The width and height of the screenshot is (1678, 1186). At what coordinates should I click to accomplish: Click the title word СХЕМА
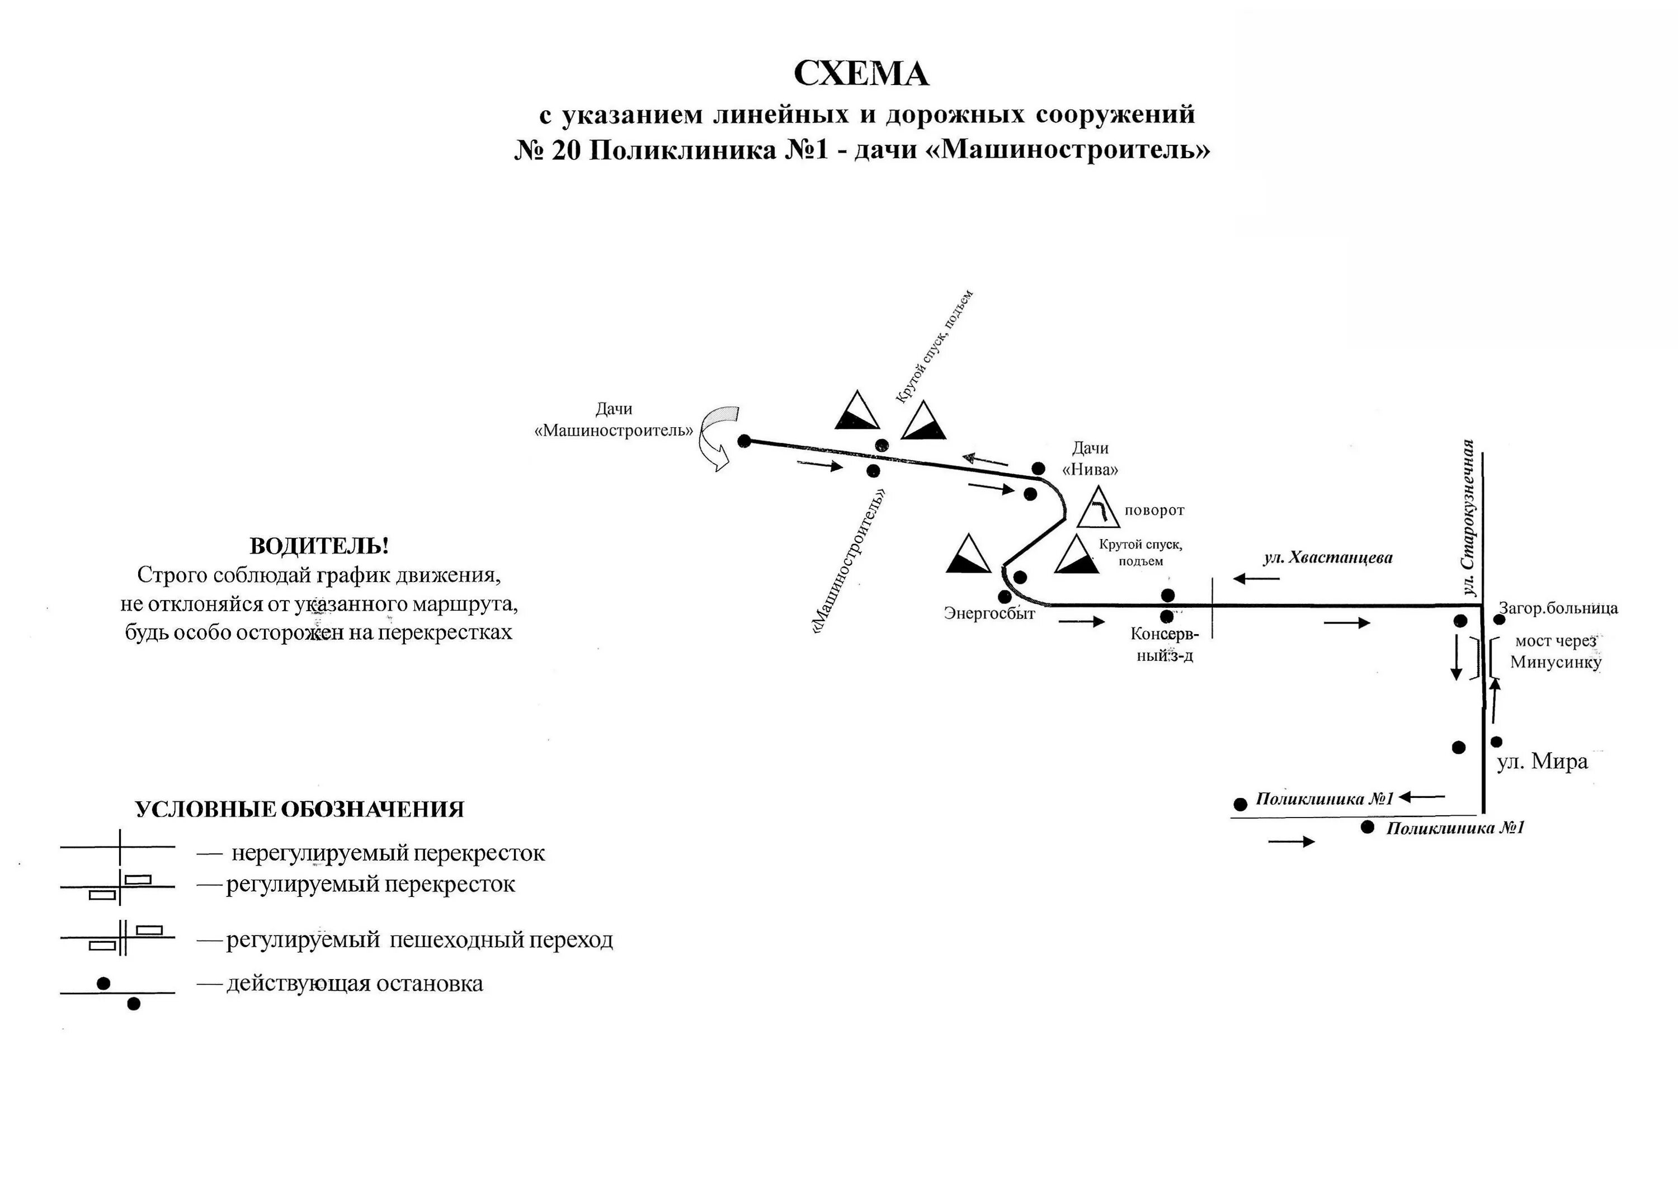[860, 73]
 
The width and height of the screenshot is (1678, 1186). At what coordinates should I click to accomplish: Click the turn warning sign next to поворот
[1098, 507]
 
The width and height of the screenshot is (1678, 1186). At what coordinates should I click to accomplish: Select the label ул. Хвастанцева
[1328, 558]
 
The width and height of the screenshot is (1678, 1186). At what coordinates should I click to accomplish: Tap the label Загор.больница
[1558, 608]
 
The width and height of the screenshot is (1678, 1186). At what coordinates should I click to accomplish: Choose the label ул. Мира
[1543, 762]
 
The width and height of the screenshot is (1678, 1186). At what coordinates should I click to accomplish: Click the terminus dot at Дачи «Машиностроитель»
[744, 441]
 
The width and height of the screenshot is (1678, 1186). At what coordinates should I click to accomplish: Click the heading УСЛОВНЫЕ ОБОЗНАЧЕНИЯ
[300, 810]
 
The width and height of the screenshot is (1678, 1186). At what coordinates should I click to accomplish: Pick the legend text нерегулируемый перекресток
[388, 853]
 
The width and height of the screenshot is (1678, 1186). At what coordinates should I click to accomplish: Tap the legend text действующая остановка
[355, 984]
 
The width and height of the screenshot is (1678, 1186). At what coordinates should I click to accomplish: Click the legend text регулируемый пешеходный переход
[419, 940]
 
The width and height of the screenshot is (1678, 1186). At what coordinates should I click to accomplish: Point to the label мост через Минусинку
[1555, 652]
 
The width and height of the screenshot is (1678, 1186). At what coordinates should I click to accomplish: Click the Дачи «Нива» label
[1090, 459]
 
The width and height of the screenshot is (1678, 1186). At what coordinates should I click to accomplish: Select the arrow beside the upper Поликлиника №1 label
[1421, 797]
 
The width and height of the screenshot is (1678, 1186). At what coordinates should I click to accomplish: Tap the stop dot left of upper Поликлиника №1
[1240, 805]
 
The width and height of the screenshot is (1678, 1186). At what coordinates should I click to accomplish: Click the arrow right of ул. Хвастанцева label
[1256, 579]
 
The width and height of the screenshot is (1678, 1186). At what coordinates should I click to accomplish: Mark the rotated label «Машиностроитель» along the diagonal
[849, 560]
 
